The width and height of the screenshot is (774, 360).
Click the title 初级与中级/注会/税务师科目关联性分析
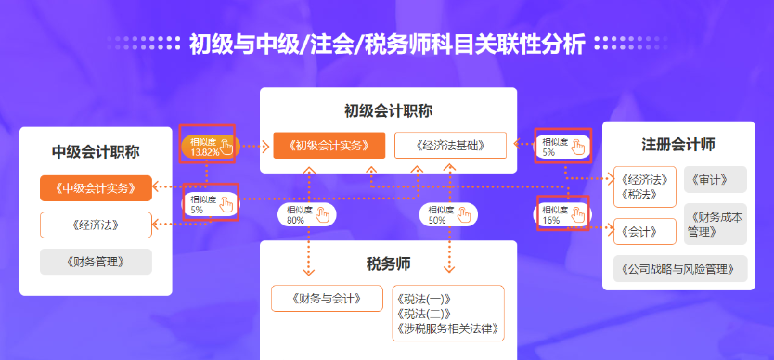[387, 44]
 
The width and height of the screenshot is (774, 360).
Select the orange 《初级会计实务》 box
[329, 146]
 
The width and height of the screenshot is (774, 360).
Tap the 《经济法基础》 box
[450, 146]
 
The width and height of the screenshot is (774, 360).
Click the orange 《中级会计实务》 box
[96, 188]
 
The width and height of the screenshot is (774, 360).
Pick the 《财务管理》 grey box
[96, 262]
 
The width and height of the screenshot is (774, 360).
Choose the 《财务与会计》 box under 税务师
[328, 298]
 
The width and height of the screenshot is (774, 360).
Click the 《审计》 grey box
[715, 179]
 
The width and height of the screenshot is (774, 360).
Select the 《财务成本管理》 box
[715, 224]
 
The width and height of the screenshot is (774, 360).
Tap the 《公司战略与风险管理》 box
[679, 269]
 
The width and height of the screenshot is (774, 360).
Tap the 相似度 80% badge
[306, 215]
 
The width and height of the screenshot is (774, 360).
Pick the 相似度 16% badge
[563, 215]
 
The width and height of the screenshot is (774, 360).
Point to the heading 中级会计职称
[96, 152]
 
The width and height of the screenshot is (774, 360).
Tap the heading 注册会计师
[677, 145]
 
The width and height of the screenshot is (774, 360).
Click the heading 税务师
[388, 264]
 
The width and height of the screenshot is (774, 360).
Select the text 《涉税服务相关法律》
[447, 328]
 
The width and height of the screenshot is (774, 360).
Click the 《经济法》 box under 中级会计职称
[96, 225]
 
